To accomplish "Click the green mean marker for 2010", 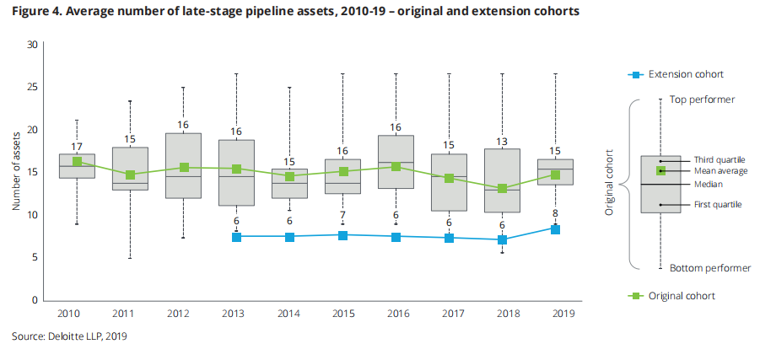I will (x=77, y=162).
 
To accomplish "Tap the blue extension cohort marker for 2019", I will (x=555, y=229).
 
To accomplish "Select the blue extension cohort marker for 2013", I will (x=236, y=237).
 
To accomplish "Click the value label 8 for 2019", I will (x=555, y=213).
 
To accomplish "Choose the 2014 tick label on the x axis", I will (x=289, y=314).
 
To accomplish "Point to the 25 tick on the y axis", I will (x=33, y=87).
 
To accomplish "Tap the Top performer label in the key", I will (x=702, y=99).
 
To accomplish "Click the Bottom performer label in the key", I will (x=709, y=268).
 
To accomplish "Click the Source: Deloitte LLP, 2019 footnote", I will (x=68, y=336).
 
